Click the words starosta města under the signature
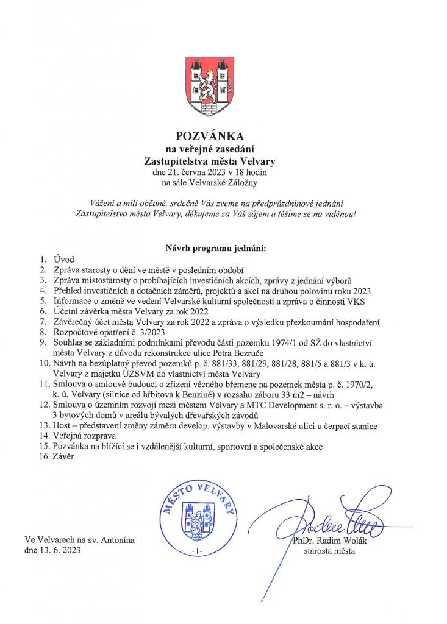tap(329, 551)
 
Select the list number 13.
tap(43, 426)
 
